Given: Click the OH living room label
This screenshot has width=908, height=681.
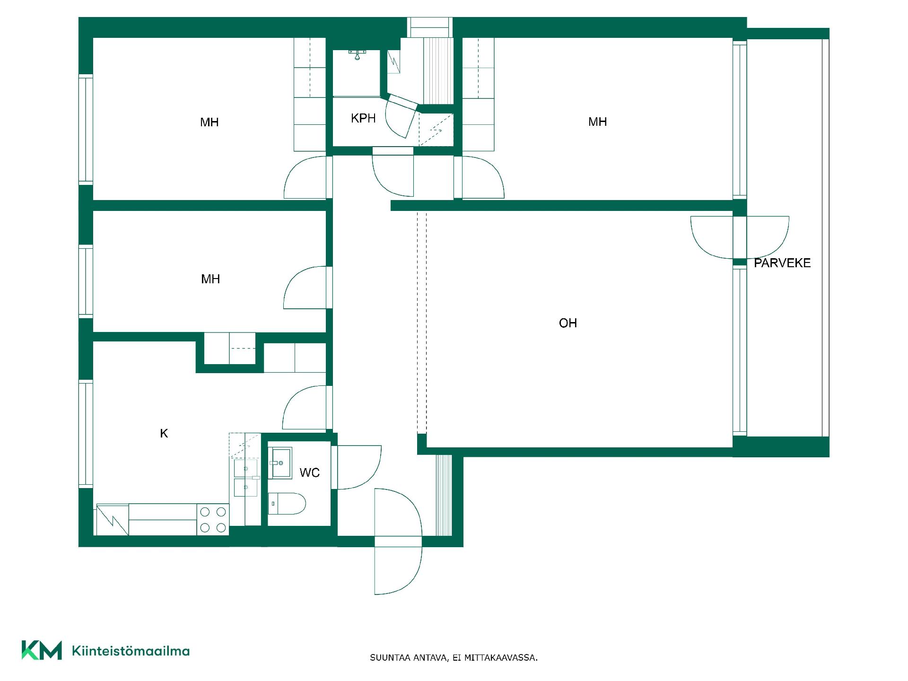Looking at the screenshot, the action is (567, 323).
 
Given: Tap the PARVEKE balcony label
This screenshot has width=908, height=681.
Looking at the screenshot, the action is (782, 263).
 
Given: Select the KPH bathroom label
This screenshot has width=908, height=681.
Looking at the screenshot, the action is (363, 118).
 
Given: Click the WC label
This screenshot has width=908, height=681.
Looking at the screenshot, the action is (310, 472).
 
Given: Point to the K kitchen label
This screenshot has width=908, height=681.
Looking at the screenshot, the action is (164, 433).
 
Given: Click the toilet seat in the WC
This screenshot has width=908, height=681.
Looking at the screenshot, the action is (287, 503).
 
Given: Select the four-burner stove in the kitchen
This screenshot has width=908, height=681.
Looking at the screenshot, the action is (213, 519).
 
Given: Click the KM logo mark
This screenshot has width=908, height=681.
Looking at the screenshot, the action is (42, 650).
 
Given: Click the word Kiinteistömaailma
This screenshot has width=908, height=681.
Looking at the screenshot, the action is (131, 651).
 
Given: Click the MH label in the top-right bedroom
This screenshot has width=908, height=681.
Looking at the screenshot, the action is (597, 122).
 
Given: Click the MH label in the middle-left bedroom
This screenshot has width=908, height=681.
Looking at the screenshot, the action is (210, 279).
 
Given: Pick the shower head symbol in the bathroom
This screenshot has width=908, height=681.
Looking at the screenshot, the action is (358, 54).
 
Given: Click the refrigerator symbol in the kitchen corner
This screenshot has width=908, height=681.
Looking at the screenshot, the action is (112, 520).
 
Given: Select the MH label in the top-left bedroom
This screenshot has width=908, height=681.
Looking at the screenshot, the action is (209, 122).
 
